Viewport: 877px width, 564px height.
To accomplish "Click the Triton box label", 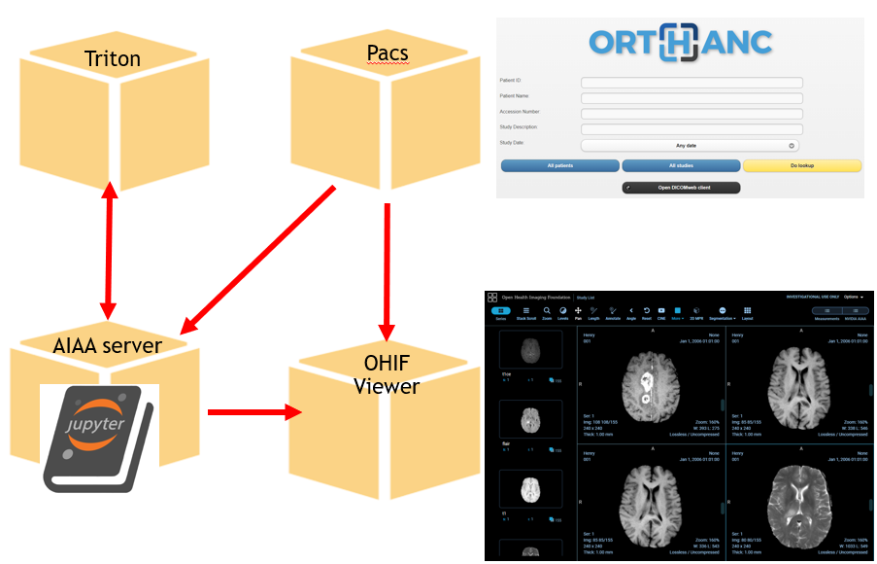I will click(x=112, y=58).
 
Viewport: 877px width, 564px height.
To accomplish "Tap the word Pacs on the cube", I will click(x=387, y=53).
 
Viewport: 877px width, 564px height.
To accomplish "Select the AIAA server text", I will click(x=108, y=345).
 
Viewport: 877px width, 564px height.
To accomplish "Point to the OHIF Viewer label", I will click(x=387, y=375).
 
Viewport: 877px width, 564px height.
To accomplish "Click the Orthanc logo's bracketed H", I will click(x=680, y=42).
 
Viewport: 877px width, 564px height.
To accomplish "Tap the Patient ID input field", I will click(x=691, y=83).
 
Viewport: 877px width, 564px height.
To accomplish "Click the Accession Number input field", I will click(x=691, y=113).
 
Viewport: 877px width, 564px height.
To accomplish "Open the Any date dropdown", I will click(x=691, y=145).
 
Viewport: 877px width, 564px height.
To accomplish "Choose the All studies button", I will click(x=680, y=166).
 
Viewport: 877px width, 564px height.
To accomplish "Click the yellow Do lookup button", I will click(x=801, y=166).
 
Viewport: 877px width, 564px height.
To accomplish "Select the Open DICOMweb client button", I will click(x=680, y=187).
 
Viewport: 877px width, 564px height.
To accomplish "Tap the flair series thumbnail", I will click(x=529, y=419).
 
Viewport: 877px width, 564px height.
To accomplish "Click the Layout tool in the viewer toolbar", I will click(x=747, y=313).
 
